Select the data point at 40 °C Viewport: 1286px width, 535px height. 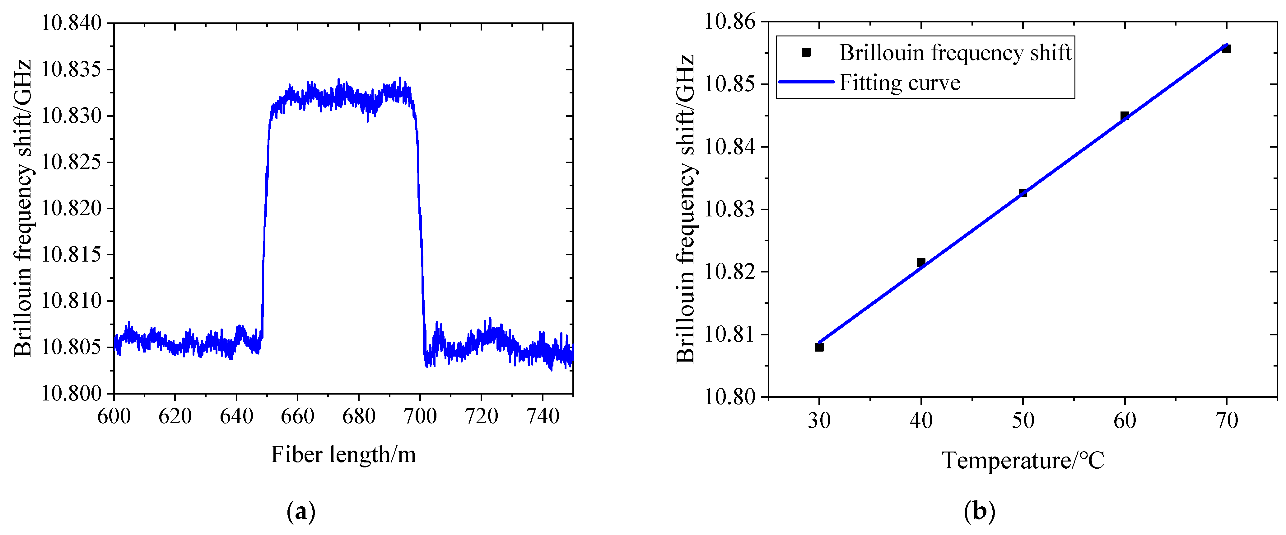point(921,262)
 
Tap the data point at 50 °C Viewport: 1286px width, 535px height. point(1023,193)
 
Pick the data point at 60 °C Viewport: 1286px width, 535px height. point(1125,116)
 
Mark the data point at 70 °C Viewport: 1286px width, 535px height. point(1227,49)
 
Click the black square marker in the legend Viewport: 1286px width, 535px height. point(806,52)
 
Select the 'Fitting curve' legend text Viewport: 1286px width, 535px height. point(900,83)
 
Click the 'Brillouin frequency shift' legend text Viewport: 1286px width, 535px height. point(955,52)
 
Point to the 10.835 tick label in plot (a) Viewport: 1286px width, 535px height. point(71,69)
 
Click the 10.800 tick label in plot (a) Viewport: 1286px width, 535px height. point(71,394)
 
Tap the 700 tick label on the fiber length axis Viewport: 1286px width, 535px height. point(420,416)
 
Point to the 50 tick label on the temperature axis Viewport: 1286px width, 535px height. point(1023,421)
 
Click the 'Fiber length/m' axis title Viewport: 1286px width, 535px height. point(343,455)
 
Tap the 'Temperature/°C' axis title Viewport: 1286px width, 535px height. point(1023,460)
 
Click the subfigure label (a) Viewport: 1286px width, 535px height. point(301,512)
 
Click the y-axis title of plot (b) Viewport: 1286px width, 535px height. point(685,209)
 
